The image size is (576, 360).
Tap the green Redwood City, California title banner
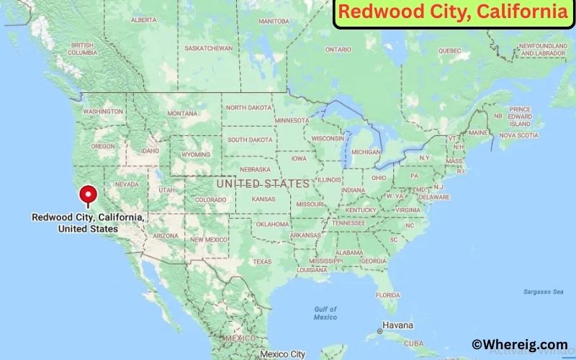point(453,12)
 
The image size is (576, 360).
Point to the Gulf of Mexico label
point(325,313)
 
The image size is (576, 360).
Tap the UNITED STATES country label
point(263,184)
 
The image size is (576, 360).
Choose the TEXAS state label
point(262,261)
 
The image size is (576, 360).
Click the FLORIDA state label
point(387,295)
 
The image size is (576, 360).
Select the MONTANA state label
point(181,113)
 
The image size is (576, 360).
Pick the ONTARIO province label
point(338,50)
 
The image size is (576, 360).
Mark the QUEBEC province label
point(449,50)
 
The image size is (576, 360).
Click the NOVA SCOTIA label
point(518,135)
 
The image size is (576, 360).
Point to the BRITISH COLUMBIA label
point(82,49)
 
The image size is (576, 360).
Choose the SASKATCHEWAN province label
point(208,48)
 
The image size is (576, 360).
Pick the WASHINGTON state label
point(102,112)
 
